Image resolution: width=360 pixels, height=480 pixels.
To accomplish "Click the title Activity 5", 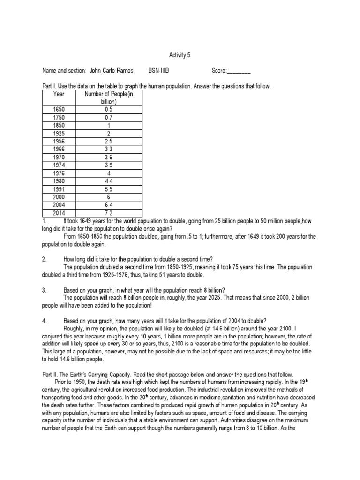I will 180,55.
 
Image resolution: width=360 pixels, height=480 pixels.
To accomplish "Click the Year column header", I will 59,94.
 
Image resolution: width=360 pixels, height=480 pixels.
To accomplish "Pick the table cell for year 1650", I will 59,109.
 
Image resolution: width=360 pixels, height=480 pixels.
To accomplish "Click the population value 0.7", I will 108,117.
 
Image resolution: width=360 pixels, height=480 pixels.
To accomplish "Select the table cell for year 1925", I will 59,133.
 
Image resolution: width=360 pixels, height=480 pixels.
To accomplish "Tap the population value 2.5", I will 108,141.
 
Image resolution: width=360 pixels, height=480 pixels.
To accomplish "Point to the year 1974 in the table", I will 59,165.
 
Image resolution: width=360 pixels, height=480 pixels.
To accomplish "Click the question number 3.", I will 44,290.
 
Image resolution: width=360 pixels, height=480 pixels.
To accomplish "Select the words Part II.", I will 50,375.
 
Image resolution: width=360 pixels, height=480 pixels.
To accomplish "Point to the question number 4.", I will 44,321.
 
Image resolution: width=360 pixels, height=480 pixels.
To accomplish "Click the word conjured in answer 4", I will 53,336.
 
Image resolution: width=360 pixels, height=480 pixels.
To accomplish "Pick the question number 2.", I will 44,259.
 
